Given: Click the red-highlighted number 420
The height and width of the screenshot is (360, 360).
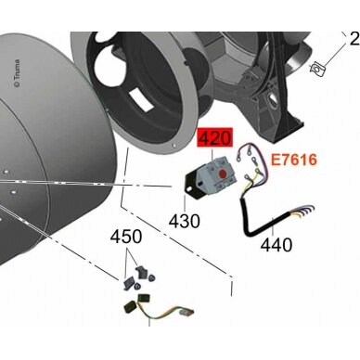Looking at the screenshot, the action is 215,138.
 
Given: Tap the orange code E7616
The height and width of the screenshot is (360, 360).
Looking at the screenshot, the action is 294,160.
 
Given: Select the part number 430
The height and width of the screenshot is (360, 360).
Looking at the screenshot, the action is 185,221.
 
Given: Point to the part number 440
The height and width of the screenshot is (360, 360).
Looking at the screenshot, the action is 276,245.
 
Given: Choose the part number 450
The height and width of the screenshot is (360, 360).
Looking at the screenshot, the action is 126,237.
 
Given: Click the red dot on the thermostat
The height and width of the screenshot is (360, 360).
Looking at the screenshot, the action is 222,175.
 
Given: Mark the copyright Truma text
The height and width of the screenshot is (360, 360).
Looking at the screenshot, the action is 18,73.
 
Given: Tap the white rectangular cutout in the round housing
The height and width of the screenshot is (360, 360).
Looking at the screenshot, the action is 141,99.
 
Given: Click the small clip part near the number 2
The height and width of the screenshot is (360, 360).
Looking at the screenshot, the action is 316,68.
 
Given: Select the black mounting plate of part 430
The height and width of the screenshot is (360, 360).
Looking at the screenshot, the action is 192,185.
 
